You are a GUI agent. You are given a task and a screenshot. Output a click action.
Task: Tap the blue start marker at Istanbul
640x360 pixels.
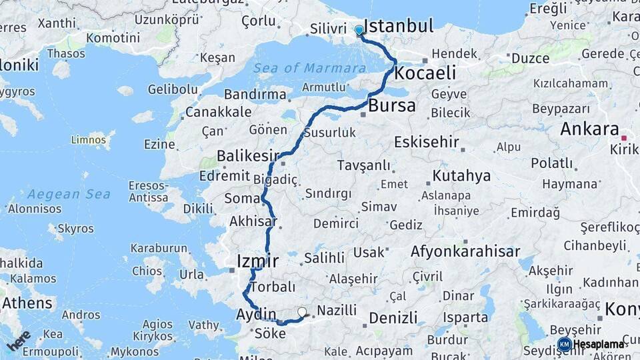coord(359,30)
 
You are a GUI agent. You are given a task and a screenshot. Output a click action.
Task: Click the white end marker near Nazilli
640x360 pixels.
coord(303,312)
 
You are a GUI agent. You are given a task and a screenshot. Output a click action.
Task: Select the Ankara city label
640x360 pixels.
coord(590,129)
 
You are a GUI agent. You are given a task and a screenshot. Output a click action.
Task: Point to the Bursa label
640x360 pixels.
coord(391,105)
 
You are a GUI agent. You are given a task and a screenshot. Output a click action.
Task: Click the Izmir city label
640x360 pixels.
coord(257,260)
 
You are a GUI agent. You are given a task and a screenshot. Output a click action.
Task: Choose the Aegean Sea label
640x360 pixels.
coord(69,195)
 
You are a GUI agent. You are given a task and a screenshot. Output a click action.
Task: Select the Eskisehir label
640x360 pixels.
coord(427,142)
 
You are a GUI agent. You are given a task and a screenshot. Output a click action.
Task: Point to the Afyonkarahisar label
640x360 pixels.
coord(465,252)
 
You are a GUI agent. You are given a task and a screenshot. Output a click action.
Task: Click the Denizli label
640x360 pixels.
coord(393,317)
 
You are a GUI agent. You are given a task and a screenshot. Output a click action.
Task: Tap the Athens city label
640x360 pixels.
coord(27,303)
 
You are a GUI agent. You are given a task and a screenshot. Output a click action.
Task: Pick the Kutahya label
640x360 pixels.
coord(461,176)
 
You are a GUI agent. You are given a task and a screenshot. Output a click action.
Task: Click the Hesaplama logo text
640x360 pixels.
coord(599,345)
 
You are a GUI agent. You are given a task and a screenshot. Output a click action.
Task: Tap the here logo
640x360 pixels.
coord(19,340)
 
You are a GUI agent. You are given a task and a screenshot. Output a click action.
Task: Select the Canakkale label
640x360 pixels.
coord(218,112)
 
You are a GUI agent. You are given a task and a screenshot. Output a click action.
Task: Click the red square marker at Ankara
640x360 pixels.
coord(624,138)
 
